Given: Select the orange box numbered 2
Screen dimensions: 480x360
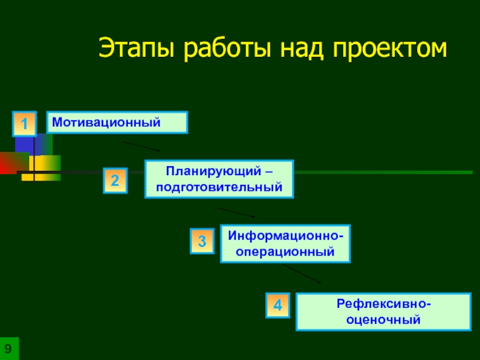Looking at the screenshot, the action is [x=115, y=181].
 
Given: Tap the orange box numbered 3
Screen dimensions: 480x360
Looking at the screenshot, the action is [x=202, y=241].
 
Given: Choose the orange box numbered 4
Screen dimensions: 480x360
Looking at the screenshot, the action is [x=278, y=305].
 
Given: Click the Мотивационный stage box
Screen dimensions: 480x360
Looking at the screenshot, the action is [x=118, y=122].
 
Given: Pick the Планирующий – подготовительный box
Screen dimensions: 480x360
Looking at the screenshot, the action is [x=219, y=179].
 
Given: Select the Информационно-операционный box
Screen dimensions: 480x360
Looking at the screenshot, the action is [x=285, y=244].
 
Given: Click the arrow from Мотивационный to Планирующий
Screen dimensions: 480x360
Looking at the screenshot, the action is [x=142, y=146].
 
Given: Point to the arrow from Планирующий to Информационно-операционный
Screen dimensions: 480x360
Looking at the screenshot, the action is [x=236, y=212].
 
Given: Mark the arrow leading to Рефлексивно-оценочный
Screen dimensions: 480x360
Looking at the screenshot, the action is [x=302, y=274].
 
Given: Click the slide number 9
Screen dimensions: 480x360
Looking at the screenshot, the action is [x=9, y=349].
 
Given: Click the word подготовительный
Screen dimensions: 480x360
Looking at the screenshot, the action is [x=219, y=187].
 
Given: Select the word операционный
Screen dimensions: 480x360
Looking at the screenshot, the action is [x=285, y=252].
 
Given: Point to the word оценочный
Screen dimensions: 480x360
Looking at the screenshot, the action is [x=383, y=320].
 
